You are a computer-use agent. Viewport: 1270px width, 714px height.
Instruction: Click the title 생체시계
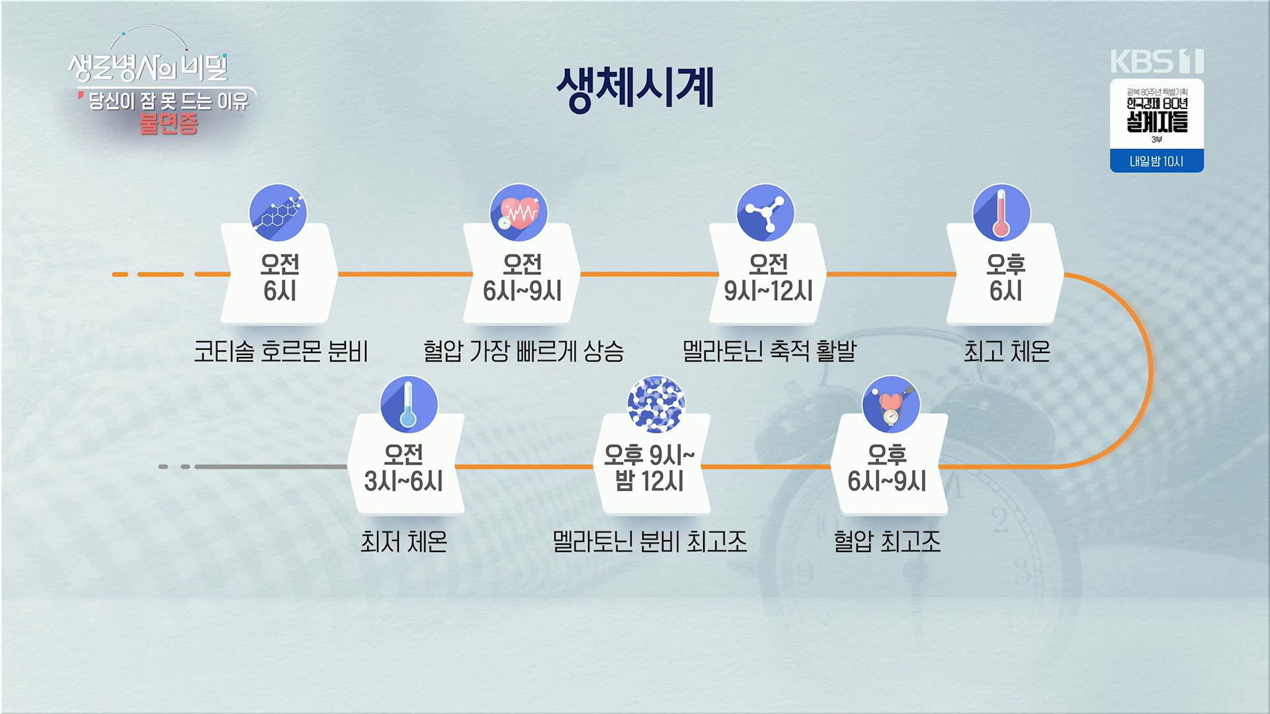pos(635,88)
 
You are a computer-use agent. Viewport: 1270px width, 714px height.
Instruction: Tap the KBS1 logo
pos(1156,61)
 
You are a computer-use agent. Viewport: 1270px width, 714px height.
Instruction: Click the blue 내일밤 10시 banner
pos(1156,161)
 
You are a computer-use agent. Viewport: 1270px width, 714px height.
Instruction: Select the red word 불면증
pos(169,124)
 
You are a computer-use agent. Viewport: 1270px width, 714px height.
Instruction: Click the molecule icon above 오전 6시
pos(278,213)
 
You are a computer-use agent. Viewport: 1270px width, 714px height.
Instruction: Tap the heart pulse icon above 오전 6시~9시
pos(519,213)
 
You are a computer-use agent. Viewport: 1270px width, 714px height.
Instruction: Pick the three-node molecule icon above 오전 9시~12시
pos(765,213)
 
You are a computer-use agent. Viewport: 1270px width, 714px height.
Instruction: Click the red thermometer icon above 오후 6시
pos(1001,213)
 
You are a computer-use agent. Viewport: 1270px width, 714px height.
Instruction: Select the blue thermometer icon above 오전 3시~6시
pos(408,405)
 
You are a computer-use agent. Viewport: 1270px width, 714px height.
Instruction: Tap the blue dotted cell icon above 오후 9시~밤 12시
pos(656,405)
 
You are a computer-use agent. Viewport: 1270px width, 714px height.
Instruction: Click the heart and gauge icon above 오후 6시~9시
pos(891,405)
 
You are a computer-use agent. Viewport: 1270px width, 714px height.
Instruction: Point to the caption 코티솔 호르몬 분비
pos(280,351)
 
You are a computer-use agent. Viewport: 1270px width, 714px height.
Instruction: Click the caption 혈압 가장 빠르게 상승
pos(523,351)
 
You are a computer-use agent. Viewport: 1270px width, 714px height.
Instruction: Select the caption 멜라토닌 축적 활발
pos(769,351)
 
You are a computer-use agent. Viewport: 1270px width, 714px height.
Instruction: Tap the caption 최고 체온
pos(1007,351)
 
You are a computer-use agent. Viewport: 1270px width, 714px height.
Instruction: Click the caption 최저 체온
pos(403,542)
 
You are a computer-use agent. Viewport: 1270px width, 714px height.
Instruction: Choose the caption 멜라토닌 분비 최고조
pos(650,542)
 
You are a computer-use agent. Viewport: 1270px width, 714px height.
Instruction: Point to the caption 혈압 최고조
pos(887,542)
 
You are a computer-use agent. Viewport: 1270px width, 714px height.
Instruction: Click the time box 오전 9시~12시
pos(768,278)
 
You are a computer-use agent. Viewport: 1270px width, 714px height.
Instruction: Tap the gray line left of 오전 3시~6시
pos(271,467)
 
